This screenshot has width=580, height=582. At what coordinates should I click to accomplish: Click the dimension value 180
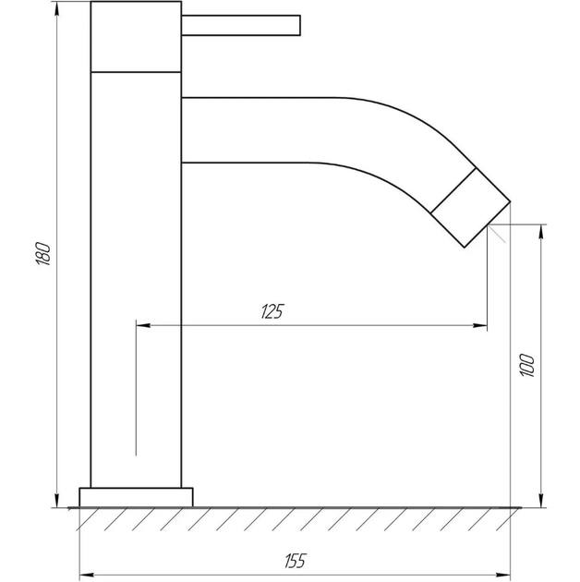coord(43,254)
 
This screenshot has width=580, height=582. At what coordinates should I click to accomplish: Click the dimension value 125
coord(272,311)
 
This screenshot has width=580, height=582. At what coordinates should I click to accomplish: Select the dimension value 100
coord(527,366)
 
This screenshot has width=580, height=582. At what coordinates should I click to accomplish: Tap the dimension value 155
coord(296,561)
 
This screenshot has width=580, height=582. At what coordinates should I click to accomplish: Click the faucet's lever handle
coord(241,25)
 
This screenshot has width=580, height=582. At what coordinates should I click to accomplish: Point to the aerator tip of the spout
coord(471,208)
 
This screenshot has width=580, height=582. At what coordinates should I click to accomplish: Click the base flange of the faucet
coord(136,497)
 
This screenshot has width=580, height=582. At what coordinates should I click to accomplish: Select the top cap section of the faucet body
coord(136,36)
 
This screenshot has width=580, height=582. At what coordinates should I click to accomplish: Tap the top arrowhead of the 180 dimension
coord(56,8)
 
